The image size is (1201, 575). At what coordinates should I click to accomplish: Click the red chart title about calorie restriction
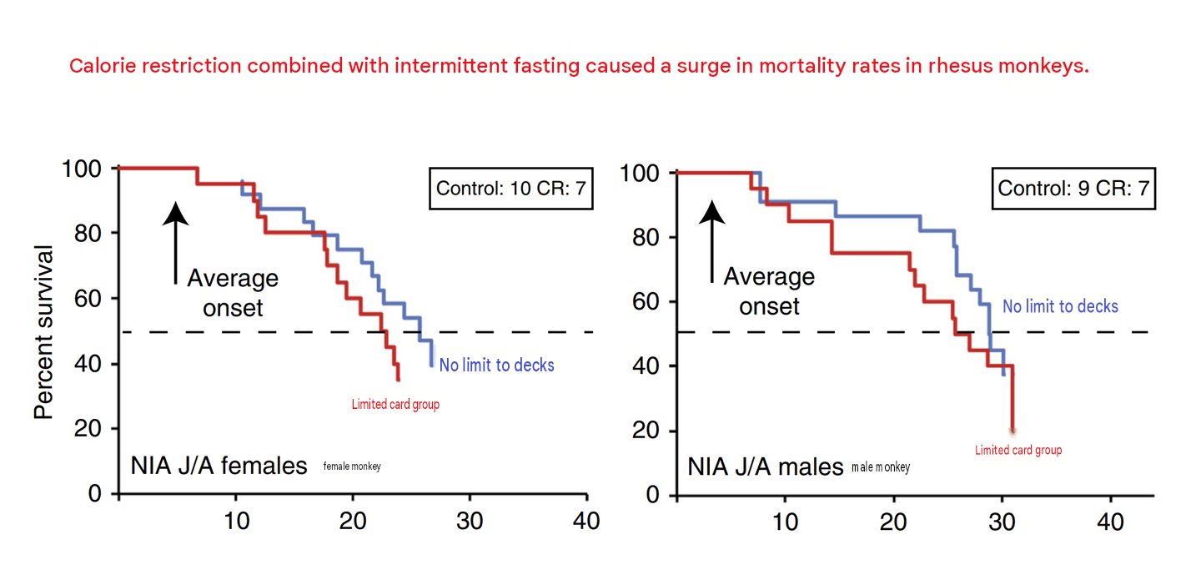point(579,66)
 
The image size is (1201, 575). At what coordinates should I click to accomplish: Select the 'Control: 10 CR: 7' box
point(511,189)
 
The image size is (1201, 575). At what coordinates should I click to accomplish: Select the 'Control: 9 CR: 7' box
point(1073,189)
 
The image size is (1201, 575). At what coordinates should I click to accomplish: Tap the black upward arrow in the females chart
point(175,243)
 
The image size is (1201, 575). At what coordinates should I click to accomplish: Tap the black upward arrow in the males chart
point(712,241)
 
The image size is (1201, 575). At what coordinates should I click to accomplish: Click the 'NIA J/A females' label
point(219,466)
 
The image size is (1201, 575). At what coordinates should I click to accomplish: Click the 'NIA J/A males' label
point(765,467)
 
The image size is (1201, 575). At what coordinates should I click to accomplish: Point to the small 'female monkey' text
point(352,467)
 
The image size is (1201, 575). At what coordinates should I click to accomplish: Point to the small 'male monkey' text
point(881,467)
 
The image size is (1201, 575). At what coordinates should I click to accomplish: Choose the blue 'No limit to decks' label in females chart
point(496,366)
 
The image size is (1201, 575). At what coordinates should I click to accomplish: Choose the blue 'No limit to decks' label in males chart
point(1061,306)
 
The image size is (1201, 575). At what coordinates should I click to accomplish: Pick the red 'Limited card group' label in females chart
point(395,405)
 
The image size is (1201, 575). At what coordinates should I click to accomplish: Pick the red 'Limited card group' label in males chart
point(1018,450)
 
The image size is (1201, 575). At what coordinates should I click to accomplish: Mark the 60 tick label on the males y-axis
point(646,302)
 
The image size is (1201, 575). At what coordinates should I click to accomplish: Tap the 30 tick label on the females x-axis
point(470,521)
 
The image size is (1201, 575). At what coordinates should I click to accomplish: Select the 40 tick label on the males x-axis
point(1110,522)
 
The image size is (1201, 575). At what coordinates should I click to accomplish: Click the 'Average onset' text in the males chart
point(769,291)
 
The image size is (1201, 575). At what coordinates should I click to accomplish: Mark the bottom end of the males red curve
point(1013,431)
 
